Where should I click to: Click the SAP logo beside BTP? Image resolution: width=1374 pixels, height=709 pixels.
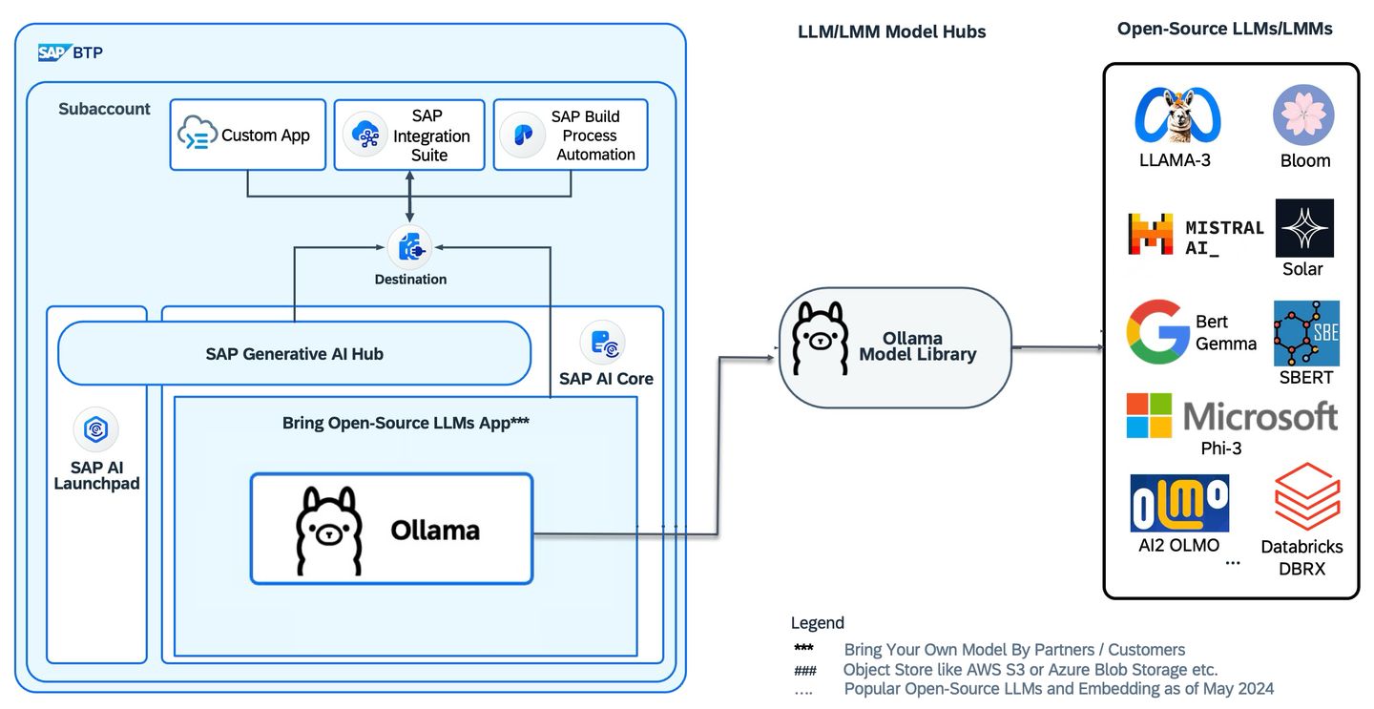coord(52,52)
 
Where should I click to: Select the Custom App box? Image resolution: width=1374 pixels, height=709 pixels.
coord(248,135)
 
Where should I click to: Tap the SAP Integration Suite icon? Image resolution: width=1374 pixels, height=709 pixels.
coord(366,135)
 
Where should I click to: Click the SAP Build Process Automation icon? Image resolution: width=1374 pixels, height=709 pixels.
coord(523,135)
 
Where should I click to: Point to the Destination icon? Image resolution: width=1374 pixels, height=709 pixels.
coord(409,248)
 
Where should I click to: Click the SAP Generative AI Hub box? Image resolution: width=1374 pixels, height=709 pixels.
coord(295,353)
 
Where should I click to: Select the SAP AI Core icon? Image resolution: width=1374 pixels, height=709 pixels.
coord(602,343)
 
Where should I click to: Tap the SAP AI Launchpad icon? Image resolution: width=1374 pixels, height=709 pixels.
coord(96,428)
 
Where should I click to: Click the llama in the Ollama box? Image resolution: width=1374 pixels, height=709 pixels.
coord(329,531)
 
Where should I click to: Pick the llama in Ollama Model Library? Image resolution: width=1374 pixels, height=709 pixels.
coord(821,338)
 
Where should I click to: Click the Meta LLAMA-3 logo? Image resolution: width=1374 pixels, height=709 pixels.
coord(1177,115)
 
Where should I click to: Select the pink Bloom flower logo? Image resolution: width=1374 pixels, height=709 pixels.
coord(1303,115)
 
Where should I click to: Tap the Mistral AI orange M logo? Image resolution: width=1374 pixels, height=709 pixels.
coord(1151,234)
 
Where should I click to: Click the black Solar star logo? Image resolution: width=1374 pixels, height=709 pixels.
coord(1304,228)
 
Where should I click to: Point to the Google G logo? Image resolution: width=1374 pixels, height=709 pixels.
coord(1157,332)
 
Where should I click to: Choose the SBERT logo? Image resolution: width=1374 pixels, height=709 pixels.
coord(1306,334)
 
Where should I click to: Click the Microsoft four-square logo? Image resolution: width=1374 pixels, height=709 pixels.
coord(1149,416)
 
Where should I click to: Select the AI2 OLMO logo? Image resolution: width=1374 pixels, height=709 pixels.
coord(1179,503)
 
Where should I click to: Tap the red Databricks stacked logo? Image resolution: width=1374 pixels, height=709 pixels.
coord(1307,496)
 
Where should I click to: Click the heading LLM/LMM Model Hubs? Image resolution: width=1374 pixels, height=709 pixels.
coord(892,31)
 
